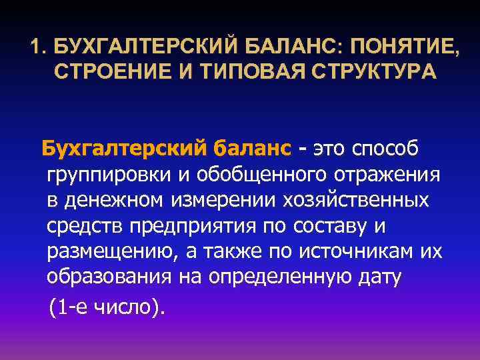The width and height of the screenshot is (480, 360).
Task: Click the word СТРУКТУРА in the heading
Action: point(361,71)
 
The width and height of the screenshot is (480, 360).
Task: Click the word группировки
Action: point(106,174)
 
